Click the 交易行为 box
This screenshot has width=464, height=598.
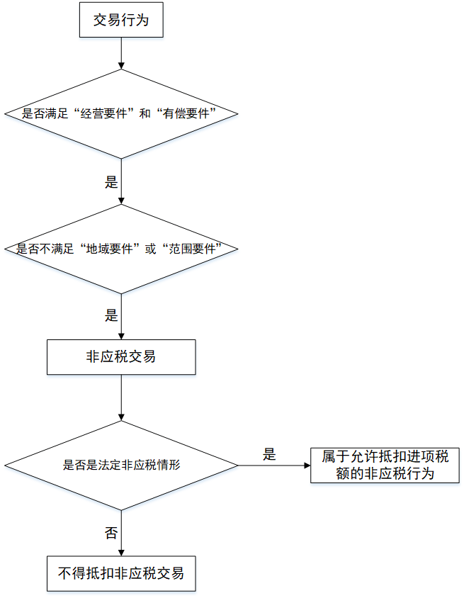click(121, 21)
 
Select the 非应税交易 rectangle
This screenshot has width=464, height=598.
click(121, 357)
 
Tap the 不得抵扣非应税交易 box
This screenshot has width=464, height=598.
click(121, 573)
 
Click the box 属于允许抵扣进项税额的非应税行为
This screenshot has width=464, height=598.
click(385, 466)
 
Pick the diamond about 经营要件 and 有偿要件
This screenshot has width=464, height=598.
click(121, 113)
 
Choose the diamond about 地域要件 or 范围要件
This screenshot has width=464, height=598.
click(121, 249)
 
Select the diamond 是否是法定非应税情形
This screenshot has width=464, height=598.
click(121, 466)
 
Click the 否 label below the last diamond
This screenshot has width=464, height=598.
click(111, 534)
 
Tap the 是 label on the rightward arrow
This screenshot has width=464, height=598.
click(269, 455)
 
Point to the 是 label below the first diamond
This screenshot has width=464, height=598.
click(111, 182)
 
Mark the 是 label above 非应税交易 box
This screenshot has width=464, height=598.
click(111, 316)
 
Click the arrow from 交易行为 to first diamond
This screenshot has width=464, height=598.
click(121, 53)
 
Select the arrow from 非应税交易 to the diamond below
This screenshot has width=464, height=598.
click(121, 397)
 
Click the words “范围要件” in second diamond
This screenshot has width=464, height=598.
click(194, 249)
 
